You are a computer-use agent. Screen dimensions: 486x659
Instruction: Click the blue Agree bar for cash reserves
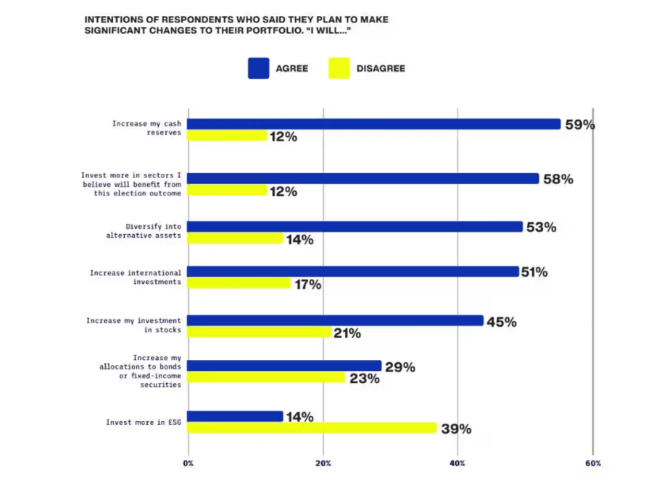tap(374, 124)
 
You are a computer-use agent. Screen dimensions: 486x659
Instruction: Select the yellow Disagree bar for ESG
tap(312, 428)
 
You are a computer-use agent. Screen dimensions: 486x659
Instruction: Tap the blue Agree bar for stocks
tap(336, 321)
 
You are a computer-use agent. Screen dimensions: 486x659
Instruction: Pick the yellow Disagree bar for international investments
tap(239, 283)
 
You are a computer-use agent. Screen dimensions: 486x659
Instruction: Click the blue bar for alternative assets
tap(355, 227)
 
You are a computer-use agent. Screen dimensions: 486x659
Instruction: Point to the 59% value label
tap(580, 125)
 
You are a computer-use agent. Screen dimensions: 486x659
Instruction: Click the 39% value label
tap(456, 429)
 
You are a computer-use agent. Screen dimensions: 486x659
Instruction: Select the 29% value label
tap(399, 367)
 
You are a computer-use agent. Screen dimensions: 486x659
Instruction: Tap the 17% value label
tap(307, 285)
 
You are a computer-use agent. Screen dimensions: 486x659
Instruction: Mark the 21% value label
tap(347, 333)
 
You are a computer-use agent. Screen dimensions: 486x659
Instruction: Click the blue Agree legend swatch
tap(258, 68)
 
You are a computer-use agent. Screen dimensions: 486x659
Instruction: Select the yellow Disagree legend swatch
tap(339, 68)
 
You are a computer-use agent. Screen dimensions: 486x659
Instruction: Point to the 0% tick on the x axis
tap(188, 464)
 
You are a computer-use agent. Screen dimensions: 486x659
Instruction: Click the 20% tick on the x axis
tap(323, 464)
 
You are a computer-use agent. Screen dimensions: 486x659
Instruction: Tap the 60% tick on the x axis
tap(592, 464)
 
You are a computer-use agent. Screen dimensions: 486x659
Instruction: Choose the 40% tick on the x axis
tap(457, 464)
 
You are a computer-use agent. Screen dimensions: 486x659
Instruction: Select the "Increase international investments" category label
tap(136, 277)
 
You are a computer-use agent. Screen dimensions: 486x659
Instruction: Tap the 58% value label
tap(558, 179)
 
